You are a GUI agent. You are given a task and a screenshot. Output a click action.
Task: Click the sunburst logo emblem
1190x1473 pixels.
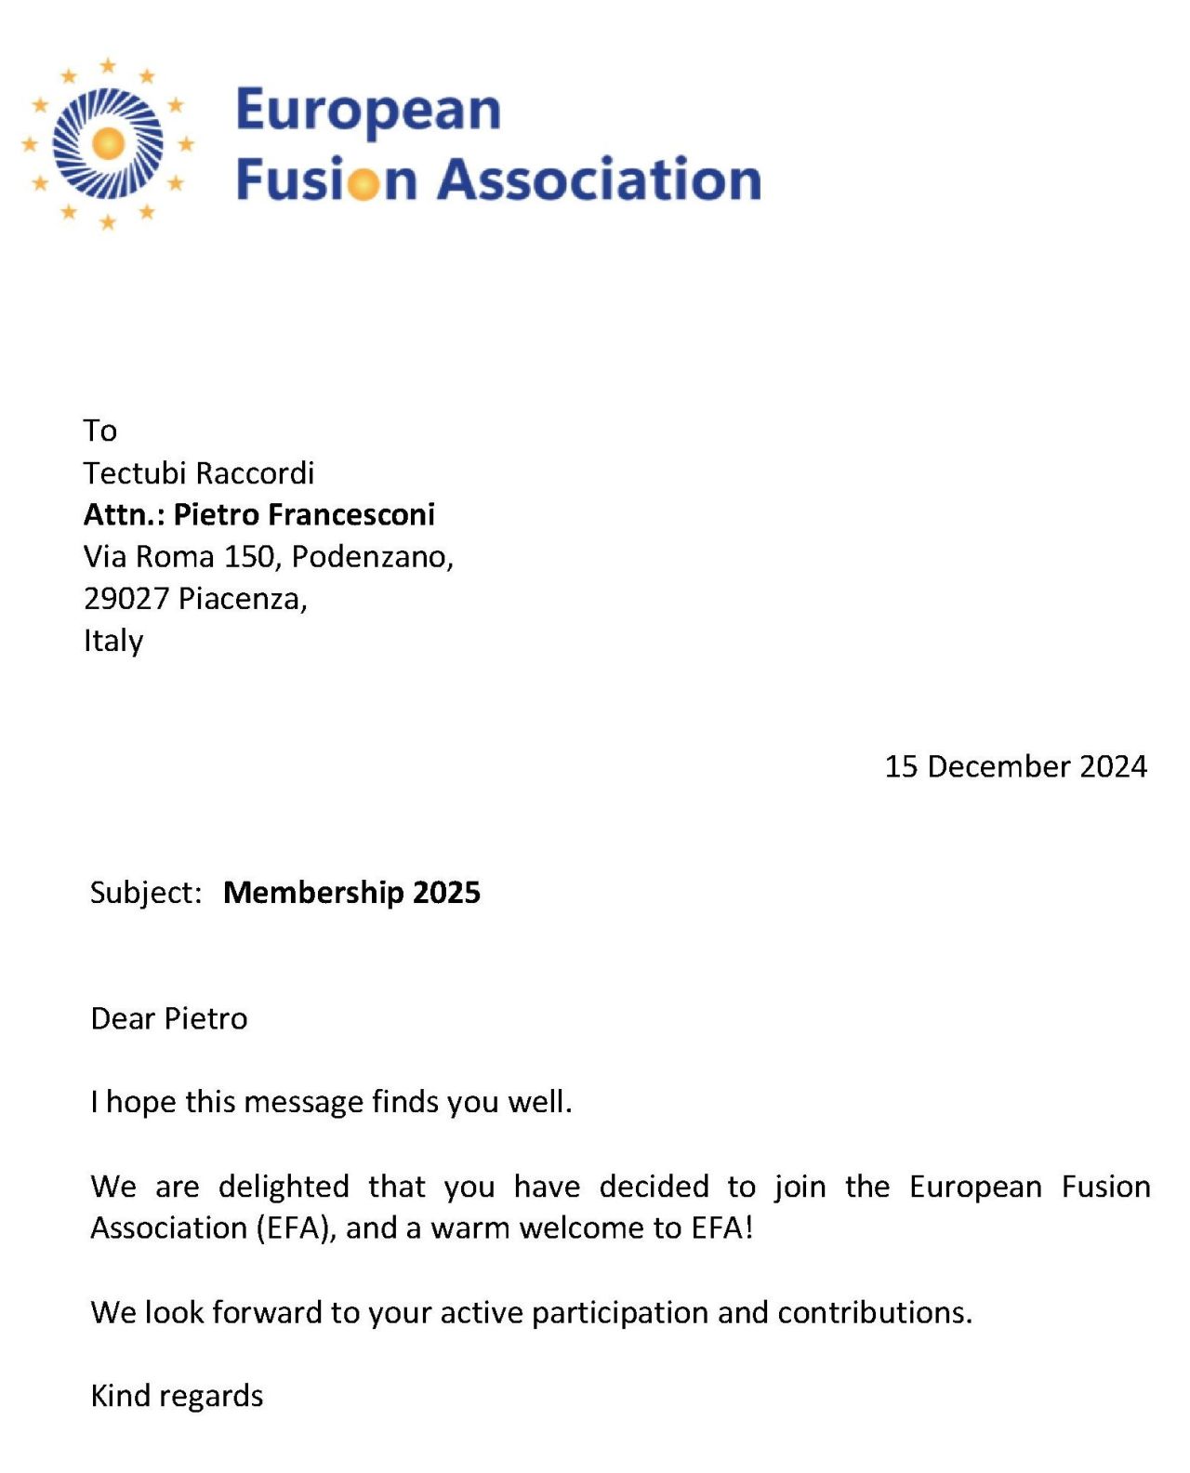pos(109,144)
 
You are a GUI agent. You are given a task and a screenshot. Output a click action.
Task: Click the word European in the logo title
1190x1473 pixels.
pos(368,111)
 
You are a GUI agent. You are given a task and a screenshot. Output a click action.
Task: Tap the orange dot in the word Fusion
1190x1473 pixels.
pos(364,182)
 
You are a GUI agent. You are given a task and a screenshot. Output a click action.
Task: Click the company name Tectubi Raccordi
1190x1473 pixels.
pos(199,473)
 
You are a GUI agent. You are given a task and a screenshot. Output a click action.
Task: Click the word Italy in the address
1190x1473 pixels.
pos(113,641)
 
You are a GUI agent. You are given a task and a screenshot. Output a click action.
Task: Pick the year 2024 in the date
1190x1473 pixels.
pos(1114,766)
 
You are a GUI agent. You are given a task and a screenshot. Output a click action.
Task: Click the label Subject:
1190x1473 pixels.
pos(146,893)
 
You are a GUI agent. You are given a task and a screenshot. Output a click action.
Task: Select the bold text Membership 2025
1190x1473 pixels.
pos(351,893)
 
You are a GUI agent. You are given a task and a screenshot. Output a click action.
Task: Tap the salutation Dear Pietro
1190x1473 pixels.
pos(169,1019)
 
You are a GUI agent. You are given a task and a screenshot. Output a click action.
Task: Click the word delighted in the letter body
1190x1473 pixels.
pos(284,1187)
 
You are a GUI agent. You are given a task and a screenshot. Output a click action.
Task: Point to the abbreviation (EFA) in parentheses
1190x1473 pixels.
pos(295,1228)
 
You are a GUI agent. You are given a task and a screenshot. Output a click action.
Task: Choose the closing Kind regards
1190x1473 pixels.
pos(177,1396)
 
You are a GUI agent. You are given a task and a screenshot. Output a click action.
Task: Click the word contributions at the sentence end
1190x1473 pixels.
pos(873,1312)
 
